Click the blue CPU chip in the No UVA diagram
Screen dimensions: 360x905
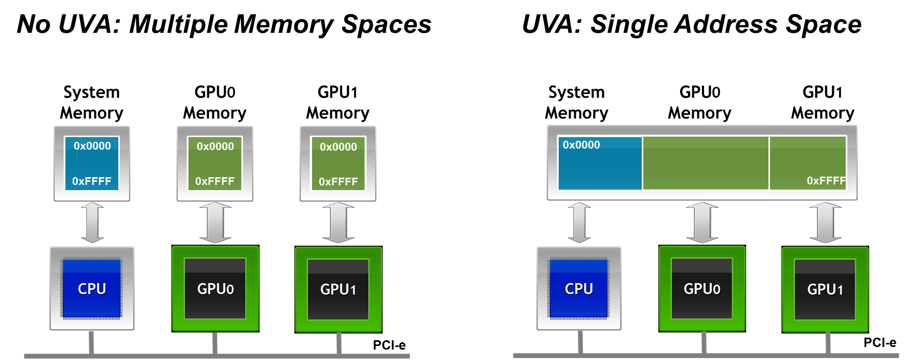92,288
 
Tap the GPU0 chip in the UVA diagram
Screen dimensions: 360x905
702,289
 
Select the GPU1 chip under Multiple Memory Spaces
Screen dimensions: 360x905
338,289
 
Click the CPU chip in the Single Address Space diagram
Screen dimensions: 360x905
579,288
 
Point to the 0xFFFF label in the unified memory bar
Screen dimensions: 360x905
826,181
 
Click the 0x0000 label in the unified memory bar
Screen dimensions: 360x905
581,145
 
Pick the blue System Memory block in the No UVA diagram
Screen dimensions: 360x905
92,163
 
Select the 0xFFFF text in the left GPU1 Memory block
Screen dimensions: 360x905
338,182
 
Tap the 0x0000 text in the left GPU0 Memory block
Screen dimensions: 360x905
215,146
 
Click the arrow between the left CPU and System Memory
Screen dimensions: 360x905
92,223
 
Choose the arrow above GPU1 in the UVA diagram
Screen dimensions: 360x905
826,223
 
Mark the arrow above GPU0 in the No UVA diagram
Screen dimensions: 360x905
215,223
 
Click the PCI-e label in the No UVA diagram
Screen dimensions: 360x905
389,345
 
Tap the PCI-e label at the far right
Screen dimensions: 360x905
880,343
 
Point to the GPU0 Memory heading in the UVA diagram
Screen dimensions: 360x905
699,102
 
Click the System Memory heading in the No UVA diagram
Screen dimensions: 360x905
91,102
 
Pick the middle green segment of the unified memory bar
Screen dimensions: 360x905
706,163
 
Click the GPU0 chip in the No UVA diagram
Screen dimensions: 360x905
215,289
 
